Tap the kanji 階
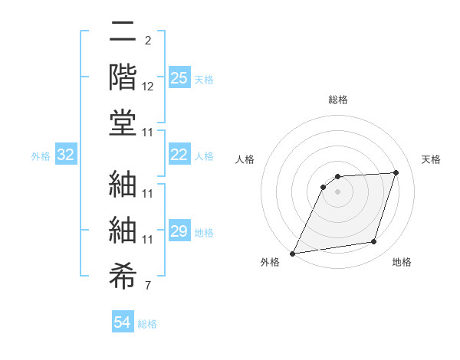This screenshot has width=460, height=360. click(123, 77)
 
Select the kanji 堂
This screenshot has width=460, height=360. click(123, 123)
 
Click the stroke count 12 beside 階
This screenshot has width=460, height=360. click(148, 87)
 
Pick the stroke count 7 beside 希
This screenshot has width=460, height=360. click(148, 286)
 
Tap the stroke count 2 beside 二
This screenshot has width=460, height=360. click(148, 40)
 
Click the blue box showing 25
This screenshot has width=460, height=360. click(179, 77)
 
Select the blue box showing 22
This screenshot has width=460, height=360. click(179, 155)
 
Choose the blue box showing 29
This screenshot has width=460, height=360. click(179, 231)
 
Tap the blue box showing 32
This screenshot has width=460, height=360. click(66, 155)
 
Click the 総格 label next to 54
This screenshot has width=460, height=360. click(147, 324)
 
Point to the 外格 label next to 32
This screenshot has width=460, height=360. click(41, 156)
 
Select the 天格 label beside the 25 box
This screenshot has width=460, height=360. click(204, 79)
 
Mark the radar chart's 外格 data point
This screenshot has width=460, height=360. click(293, 254)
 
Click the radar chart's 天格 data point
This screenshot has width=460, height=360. click(396, 172)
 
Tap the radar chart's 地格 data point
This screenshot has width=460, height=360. click(374, 242)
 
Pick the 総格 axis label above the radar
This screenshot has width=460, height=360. click(338, 100)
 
